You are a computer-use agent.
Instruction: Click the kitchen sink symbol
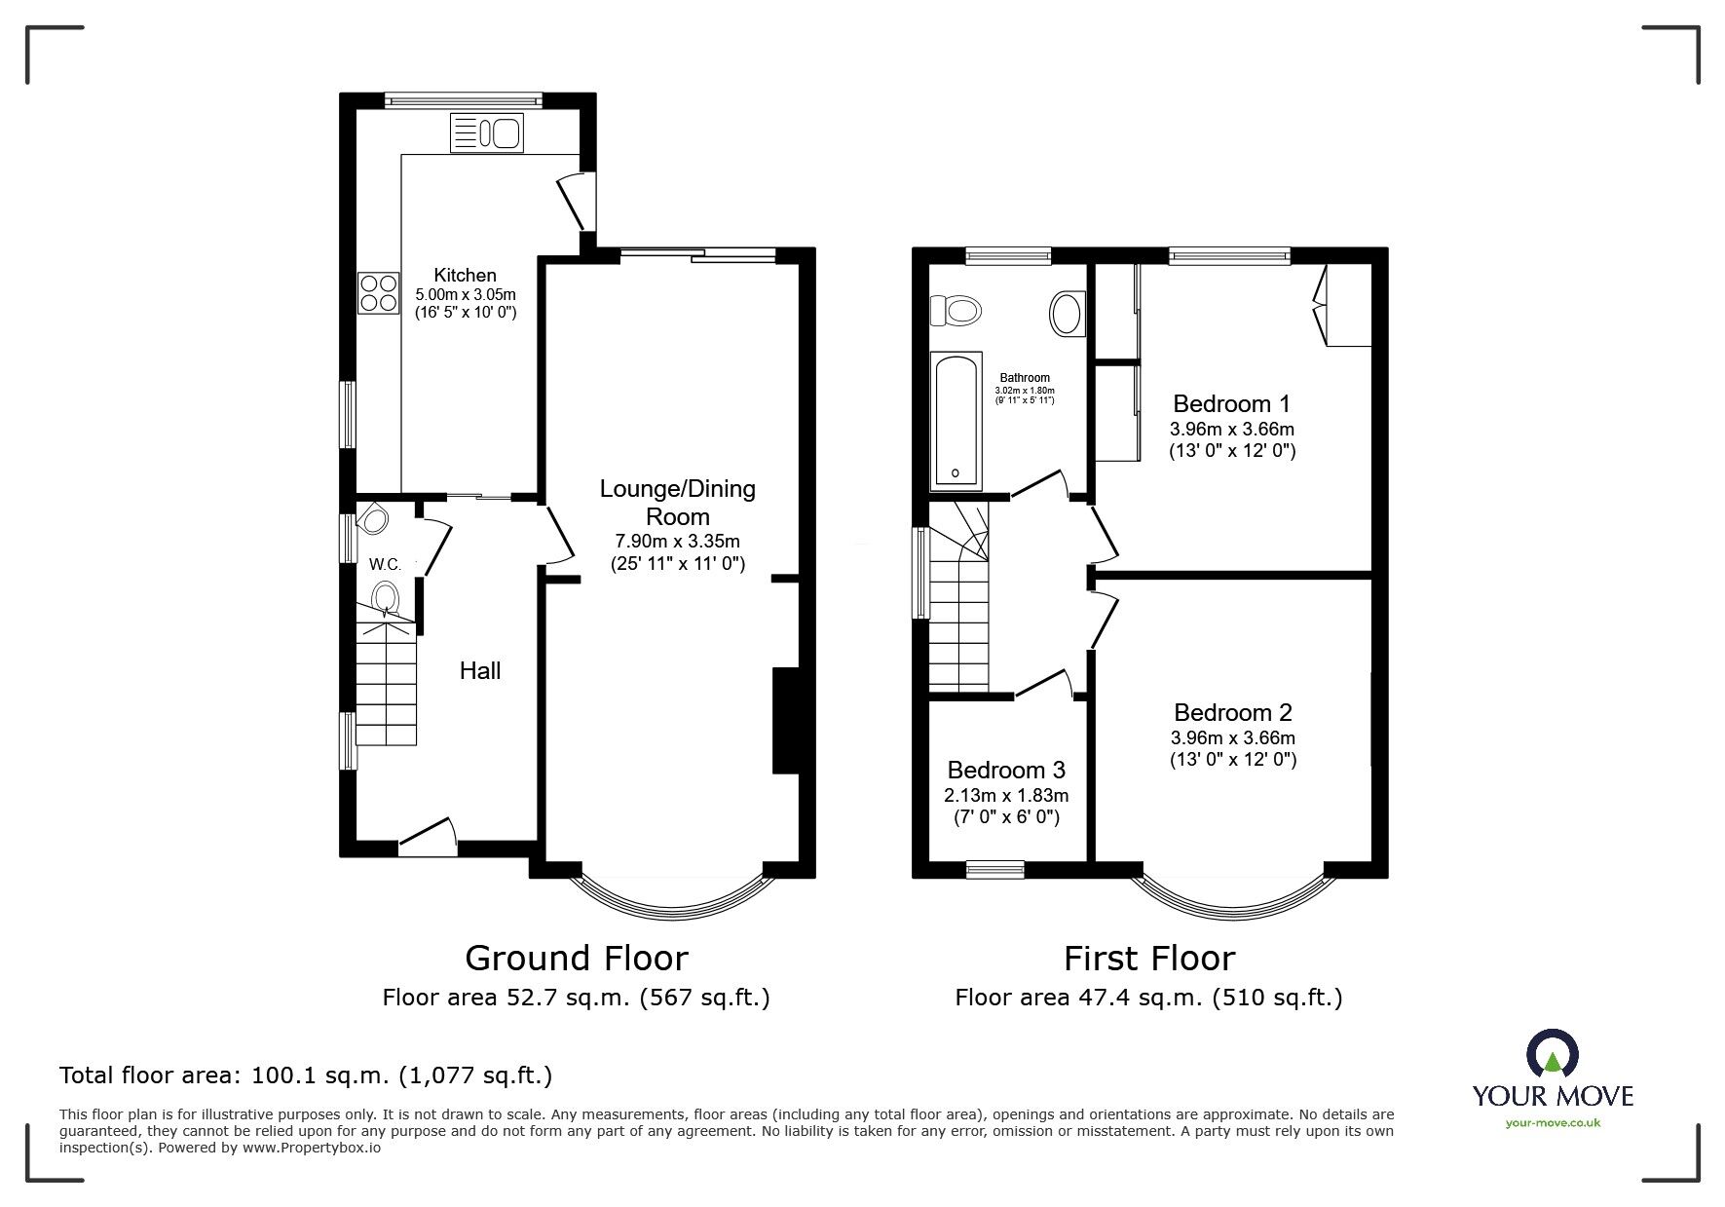486,132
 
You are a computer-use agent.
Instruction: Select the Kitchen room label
465,276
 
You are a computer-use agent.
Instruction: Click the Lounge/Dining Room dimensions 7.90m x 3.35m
677,542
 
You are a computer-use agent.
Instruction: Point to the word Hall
480,670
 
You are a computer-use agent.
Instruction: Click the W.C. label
386,564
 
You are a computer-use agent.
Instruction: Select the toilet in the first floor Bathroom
955,312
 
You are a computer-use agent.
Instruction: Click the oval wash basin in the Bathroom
1066,314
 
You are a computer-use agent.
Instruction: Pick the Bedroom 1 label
1230,403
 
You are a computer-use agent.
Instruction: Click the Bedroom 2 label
1232,712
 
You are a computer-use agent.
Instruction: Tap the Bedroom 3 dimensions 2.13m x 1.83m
1006,795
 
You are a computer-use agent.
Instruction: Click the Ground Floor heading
577,959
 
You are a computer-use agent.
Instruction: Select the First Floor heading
1149,959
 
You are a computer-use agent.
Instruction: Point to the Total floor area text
306,1075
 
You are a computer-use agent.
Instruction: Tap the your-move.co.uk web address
1553,1123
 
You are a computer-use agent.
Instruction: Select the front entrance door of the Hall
428,836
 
